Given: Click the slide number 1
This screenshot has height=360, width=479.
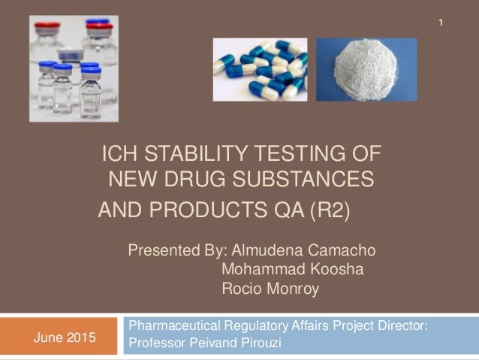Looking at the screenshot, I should click(x=442, y=27).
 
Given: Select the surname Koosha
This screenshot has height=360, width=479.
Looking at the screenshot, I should click(x=336, y=269).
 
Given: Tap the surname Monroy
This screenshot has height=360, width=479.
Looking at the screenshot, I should click(x=291, y=289).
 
